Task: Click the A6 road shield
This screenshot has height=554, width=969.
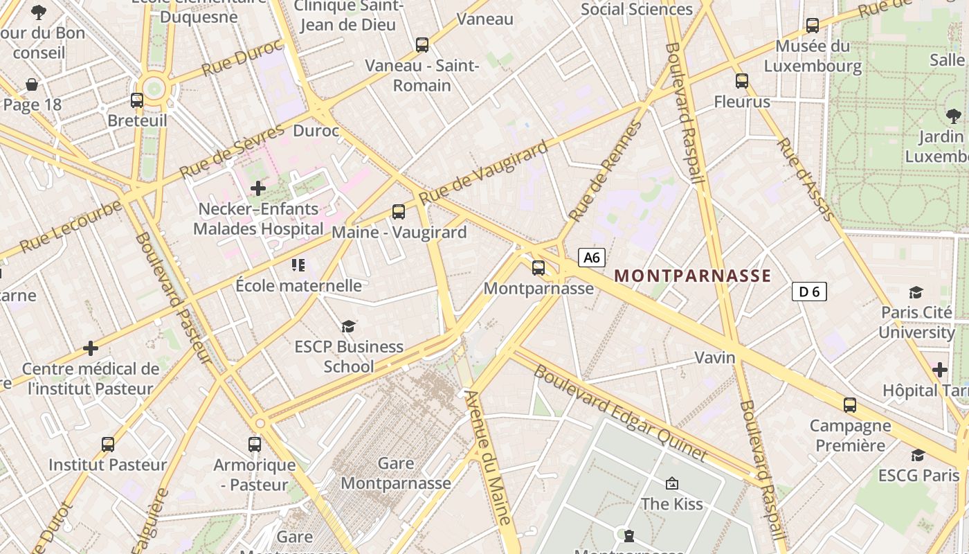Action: [x=591, y=258]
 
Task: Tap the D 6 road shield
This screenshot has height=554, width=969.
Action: [x=809, y=292]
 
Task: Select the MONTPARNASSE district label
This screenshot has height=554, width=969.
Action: [x=693, y=276]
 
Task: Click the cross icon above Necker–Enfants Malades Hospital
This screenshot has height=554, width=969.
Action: [x=258, y=188]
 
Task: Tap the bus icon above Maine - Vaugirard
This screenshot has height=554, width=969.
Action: [x=398, y=212]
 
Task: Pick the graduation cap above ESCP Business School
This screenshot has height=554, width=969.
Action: [x=348, y=326]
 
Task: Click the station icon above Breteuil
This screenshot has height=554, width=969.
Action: [x=137, y=100]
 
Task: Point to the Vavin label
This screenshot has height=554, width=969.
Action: [x=715, y=357]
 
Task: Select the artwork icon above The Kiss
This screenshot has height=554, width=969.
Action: [x=671, y=483]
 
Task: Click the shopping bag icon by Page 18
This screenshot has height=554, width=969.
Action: [x=32, y=84]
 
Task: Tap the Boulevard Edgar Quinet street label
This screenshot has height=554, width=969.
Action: [x=620, y=413]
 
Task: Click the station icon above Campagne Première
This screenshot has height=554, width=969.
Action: [x=850, y=405]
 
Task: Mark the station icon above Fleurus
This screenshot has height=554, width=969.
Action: [x=742, y=81]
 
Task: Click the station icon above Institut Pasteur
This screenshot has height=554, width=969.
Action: [x=108, y=445]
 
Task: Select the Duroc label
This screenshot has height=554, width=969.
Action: [x=316, y=131]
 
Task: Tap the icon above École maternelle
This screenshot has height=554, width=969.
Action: [x=298, y=265]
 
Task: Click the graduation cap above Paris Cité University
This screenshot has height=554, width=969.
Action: [x=916, y=292]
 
